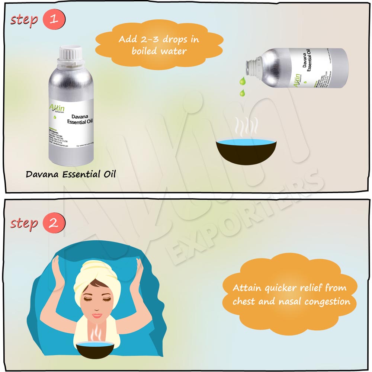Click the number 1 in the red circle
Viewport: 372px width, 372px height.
[x=54, y=19]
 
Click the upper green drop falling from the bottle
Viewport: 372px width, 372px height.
[x=243, y=80]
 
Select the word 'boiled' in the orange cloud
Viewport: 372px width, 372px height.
[x=145, y=51]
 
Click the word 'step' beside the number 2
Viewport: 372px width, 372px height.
[x=25, y=223]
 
